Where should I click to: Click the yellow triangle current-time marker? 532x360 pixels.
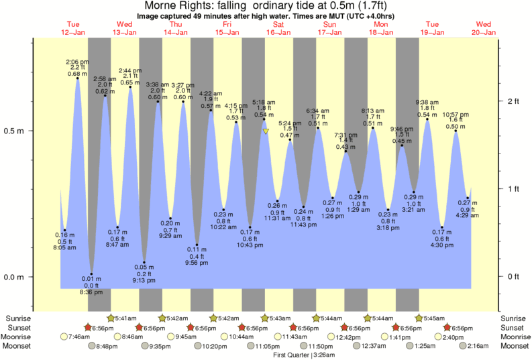pyautogui.click(x=266, y=131)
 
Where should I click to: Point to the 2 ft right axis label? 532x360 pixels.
pyautogui.click(x=513, y=101)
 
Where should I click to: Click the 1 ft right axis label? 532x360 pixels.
pyautogui.click(x=513, y=188)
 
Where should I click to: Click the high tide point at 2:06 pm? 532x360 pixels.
pyautogui.click(x=78, y=78)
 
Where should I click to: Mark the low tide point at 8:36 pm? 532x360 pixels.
pyautogui.click(x=92, y=274)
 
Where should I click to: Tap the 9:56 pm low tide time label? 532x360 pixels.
pyautogui.click(x=197, y=263)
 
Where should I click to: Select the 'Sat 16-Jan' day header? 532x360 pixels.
pyautogui.click(x=278, y=28)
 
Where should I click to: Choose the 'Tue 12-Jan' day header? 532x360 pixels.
pyautogui.click(x=72, y=28)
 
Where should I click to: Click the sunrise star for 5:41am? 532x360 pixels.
pyautogui.click(x=111, y=318)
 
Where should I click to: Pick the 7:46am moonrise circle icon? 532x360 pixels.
pyautogui.click(x=64, y=337)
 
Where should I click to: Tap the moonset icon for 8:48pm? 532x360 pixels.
pyautogui.click(x=93, y=346)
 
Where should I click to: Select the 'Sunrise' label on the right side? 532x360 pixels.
pyautogui.click(x=515, y=318)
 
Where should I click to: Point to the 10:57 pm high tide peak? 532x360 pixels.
pyautogui.click(x=456, y=131)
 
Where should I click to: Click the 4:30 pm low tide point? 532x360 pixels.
pyautogui.click(x=442, y=227)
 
